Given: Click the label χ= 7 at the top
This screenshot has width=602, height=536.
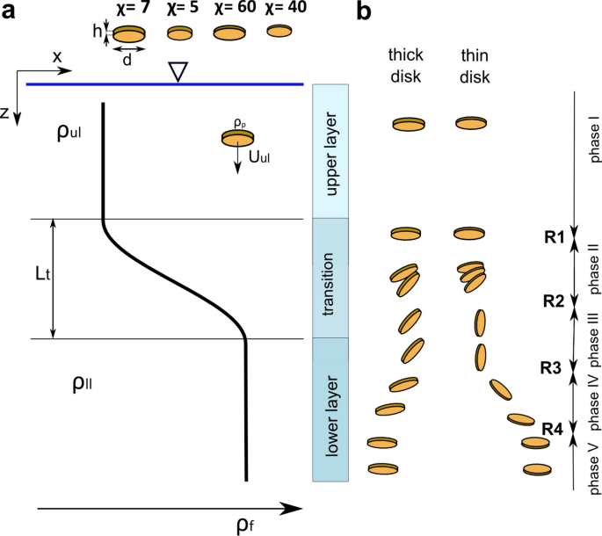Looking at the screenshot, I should (x=128, y=9).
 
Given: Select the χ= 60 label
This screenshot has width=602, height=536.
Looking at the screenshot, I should (x=230, y=9).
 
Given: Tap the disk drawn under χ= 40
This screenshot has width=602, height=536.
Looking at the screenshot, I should (x=279, y=32).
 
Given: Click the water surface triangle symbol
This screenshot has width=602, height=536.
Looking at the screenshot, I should (x=178, y=74).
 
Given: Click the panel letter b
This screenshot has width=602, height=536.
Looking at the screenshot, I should (x=366, y=12).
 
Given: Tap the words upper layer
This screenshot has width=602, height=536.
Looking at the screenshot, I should (x=331, y=152).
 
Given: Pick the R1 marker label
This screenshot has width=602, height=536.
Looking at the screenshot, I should (x=555, y=236).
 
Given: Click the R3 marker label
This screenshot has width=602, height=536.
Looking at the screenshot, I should (x=551, y=367).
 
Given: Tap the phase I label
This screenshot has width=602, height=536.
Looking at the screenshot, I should (x=595, y=140).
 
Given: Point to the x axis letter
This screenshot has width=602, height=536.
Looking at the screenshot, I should (x=57, y=56).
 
